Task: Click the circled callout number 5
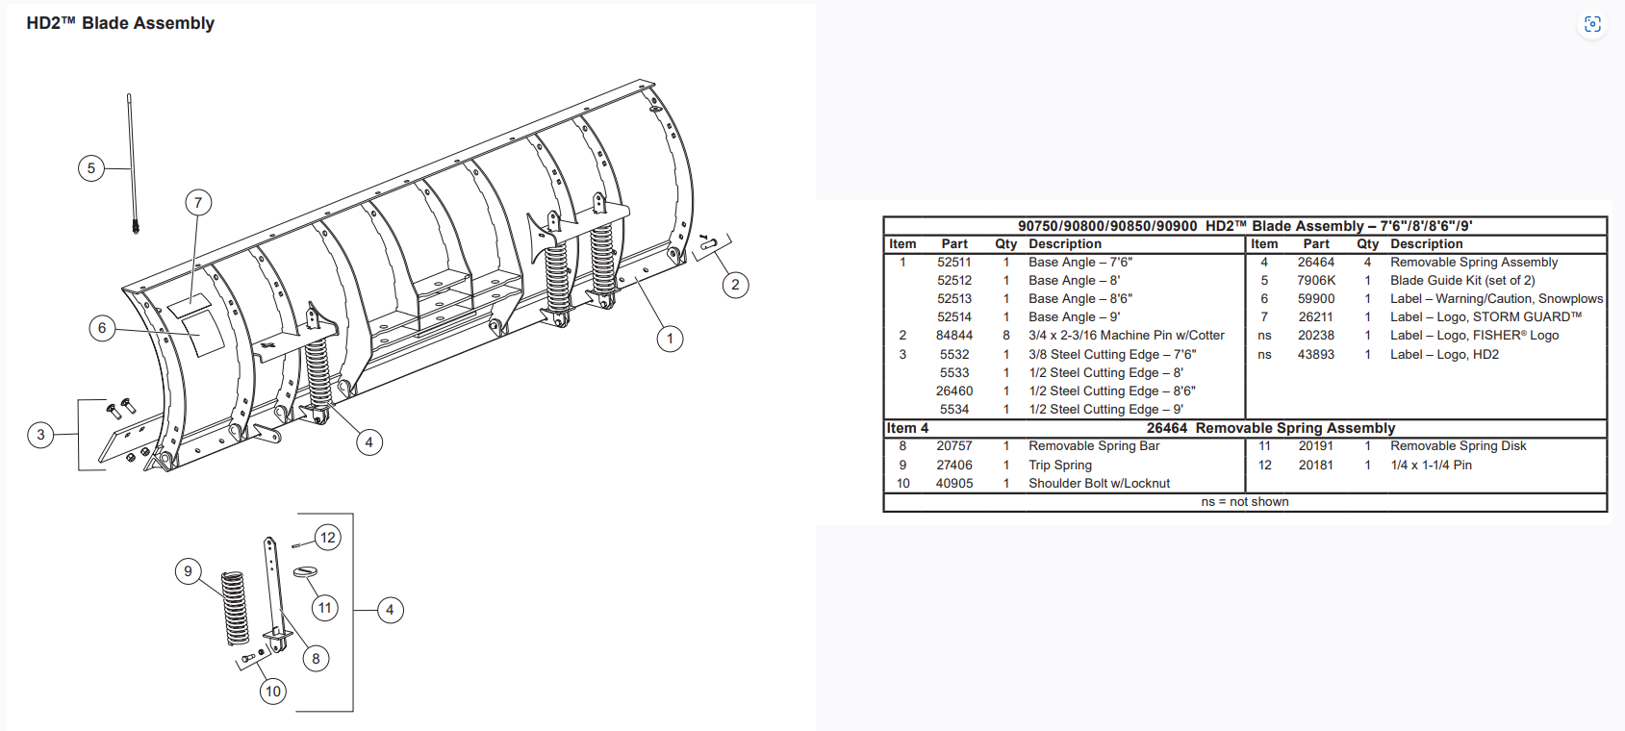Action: [91, 168]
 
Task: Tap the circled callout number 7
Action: [198, 202]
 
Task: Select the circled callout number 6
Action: [102, 328]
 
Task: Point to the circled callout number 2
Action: [736, 285]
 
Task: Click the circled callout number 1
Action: [670, 338]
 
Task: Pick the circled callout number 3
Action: [40, 435]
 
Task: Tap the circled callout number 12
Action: [328, 538]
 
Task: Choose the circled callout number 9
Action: [188, 570]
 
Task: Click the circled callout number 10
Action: [273, 692]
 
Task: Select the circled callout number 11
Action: [324, 608]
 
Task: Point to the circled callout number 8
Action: [316, 659]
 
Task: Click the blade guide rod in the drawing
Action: [132, 164]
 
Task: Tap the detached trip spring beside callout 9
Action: [235, 608]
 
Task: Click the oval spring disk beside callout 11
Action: [305, 572]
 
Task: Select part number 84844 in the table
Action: [954, 335]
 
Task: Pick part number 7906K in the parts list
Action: [1316, 280]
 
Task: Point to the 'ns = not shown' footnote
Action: [1245, 502]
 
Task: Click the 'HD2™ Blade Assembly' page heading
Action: [120, 23]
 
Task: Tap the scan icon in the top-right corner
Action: [1592, 25]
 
